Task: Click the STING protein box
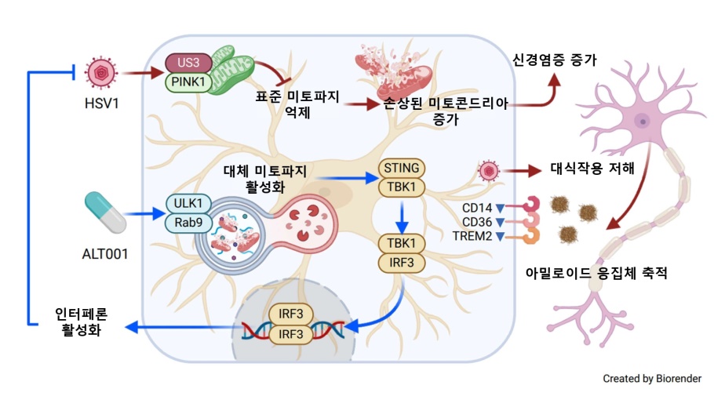click(403, 168)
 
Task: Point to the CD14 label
click(478, 208)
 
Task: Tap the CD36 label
click(478, 222)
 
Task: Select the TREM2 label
click(473, 236)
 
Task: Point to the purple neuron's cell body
click(641, 122)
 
